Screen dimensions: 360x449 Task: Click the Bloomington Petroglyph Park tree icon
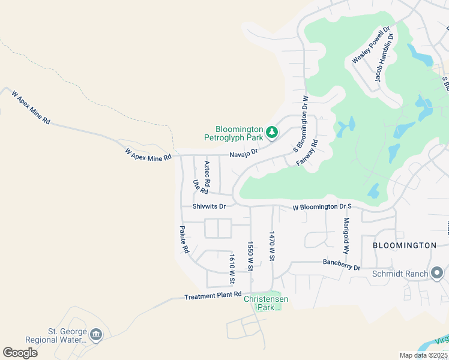(272, 131)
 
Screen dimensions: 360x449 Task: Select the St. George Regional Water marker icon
(96, 334)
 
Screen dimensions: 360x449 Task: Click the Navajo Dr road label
(246, 154)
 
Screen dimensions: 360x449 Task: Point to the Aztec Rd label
(207, 173)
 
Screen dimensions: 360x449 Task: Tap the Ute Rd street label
(200, 187)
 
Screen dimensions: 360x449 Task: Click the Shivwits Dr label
(209, 206)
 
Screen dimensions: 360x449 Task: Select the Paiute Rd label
(185, 239)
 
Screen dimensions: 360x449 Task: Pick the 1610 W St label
(231, 265)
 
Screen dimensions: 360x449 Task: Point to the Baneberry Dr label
(341, 263)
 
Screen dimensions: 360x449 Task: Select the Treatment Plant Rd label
(212, 296)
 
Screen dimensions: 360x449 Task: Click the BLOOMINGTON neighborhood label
(404, 245)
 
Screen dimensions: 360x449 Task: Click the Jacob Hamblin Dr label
(384, 58)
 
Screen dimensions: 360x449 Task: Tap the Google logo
(20, 353)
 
